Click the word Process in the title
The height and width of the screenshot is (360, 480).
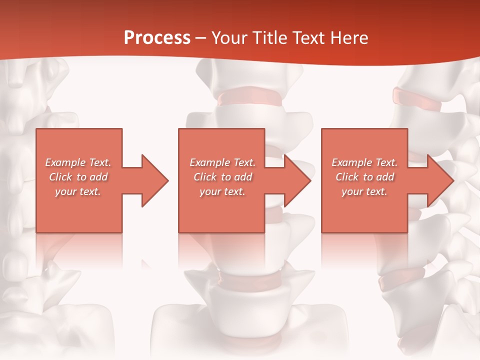[157, 37]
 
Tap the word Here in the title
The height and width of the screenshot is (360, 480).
[350, 37]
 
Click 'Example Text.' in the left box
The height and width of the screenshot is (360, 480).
[78, 162]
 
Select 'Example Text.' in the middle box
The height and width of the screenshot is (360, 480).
[222, 162]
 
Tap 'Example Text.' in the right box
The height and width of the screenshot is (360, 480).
[364, 162]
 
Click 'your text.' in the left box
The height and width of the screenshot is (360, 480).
[78, 191]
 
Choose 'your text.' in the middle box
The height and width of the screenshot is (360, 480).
[222, 191]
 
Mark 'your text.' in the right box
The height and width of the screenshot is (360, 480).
[364, 191]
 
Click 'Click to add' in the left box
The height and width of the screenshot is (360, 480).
[78, 177]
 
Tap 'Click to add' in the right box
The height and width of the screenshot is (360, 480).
[364, 177]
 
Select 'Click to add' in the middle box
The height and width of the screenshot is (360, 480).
[222, 177]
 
